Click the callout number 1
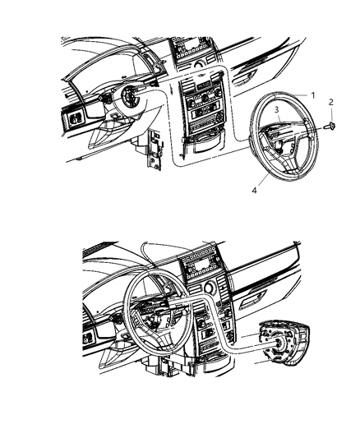[313, 95]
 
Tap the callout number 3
[277, 108]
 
